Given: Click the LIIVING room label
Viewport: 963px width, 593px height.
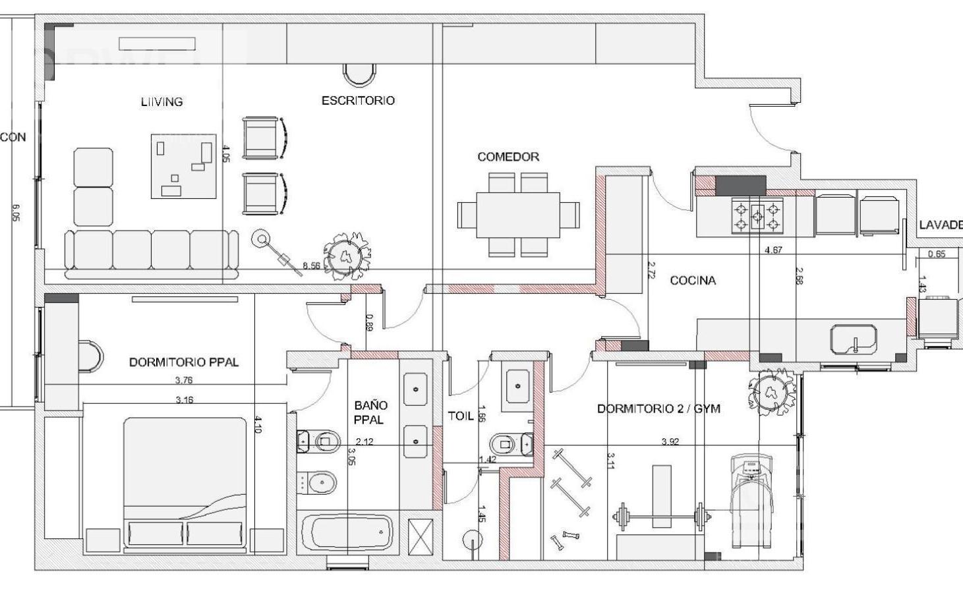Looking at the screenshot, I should (161, 101).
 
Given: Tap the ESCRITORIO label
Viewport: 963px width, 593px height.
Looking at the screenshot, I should (358, 100).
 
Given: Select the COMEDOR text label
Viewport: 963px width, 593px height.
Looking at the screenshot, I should (508, 157).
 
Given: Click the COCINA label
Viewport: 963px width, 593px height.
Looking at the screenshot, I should (692, 281).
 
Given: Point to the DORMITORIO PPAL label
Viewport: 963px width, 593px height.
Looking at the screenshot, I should (183, 362).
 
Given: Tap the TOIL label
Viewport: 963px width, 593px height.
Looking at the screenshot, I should (461, 416).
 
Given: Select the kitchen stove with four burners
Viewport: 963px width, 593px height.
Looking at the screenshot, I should (757, 216).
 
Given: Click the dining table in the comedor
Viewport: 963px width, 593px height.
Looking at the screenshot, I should (518, 215).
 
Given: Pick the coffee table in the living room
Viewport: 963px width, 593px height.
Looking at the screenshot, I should (184, 166).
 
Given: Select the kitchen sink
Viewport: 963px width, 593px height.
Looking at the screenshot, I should (854, 339).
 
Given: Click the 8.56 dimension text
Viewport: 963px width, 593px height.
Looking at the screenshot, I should (311, 266).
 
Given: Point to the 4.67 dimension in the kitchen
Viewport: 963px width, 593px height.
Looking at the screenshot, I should (773, 250).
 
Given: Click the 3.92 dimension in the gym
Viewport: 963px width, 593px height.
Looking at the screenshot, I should (670, 441).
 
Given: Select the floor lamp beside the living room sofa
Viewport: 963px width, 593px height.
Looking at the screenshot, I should (262, 240).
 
